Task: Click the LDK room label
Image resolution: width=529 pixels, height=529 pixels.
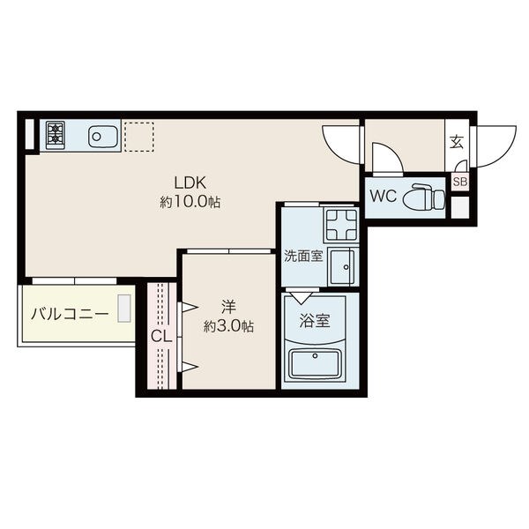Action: point(190,183)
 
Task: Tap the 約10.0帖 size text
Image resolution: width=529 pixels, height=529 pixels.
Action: point(190,202)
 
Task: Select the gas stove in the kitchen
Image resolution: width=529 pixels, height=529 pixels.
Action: point(56,135)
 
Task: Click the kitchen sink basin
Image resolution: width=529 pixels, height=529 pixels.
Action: point(103,137)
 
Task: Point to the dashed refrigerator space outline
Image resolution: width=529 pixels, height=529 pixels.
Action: point(139,137)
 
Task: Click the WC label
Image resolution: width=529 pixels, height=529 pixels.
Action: point(383,196)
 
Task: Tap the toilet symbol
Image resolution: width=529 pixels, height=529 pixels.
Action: point(424,197)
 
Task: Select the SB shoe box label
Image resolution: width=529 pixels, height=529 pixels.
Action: point(460,182)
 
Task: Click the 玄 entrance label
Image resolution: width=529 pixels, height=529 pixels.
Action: point(457,142)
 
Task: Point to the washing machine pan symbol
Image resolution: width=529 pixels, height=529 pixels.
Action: point(341,225)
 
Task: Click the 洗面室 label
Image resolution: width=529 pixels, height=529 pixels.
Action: point(303,256)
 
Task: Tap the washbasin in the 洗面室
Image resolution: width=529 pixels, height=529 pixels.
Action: point(342,266)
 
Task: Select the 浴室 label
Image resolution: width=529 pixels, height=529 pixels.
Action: point(315,321)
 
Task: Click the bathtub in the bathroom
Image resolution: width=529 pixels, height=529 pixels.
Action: point(315,365)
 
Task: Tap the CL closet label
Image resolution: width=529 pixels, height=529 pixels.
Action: point(161,336)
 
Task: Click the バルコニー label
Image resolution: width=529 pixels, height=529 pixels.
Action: point(70,314)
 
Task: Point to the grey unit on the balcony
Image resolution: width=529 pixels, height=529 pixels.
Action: point(124,308)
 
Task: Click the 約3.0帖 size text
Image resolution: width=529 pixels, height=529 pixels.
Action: point(228,326)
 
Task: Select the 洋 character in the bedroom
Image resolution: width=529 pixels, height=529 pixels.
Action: point(228,307)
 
